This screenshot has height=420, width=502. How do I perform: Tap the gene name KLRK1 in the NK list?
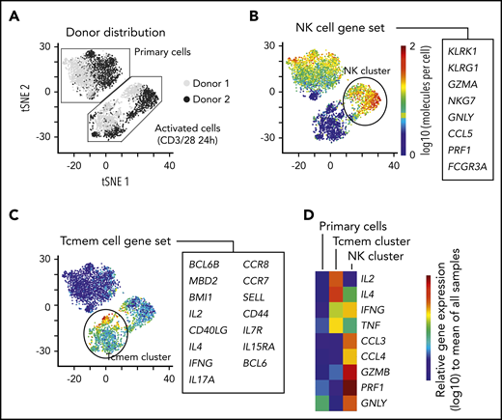pyautogui.click(x=463, y=45)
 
